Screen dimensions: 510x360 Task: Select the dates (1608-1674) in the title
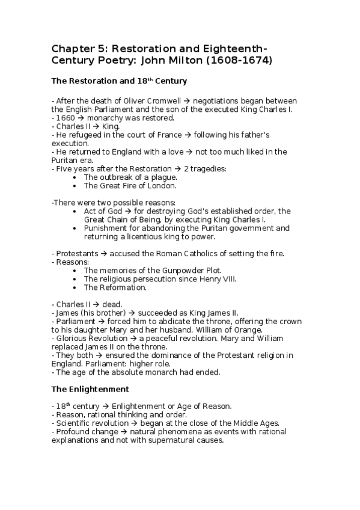(x=242, y=60)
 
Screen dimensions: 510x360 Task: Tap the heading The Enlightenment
(x=90, y=389)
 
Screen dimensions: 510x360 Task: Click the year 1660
(x=66, y=118)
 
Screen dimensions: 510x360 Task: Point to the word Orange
(x=248, y=330)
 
